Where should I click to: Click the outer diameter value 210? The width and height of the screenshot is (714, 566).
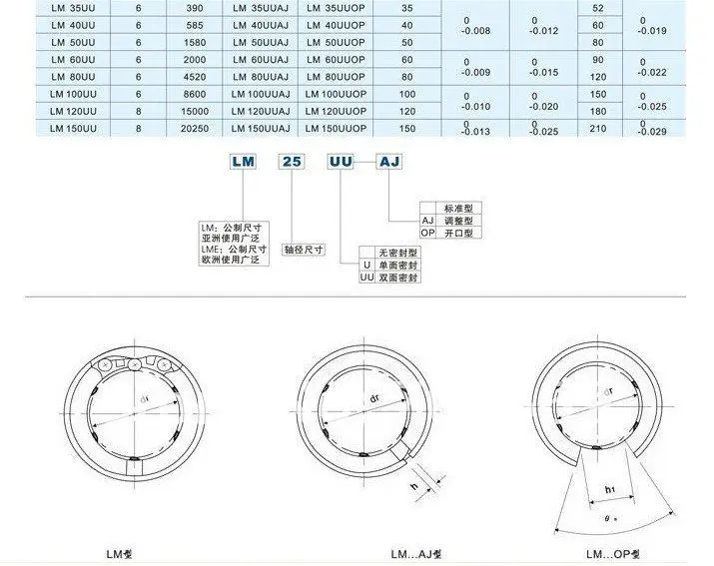click(598, 128)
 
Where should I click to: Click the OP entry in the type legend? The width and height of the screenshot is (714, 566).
click(427, 233)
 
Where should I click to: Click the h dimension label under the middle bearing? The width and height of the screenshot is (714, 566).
click(412, 487)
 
